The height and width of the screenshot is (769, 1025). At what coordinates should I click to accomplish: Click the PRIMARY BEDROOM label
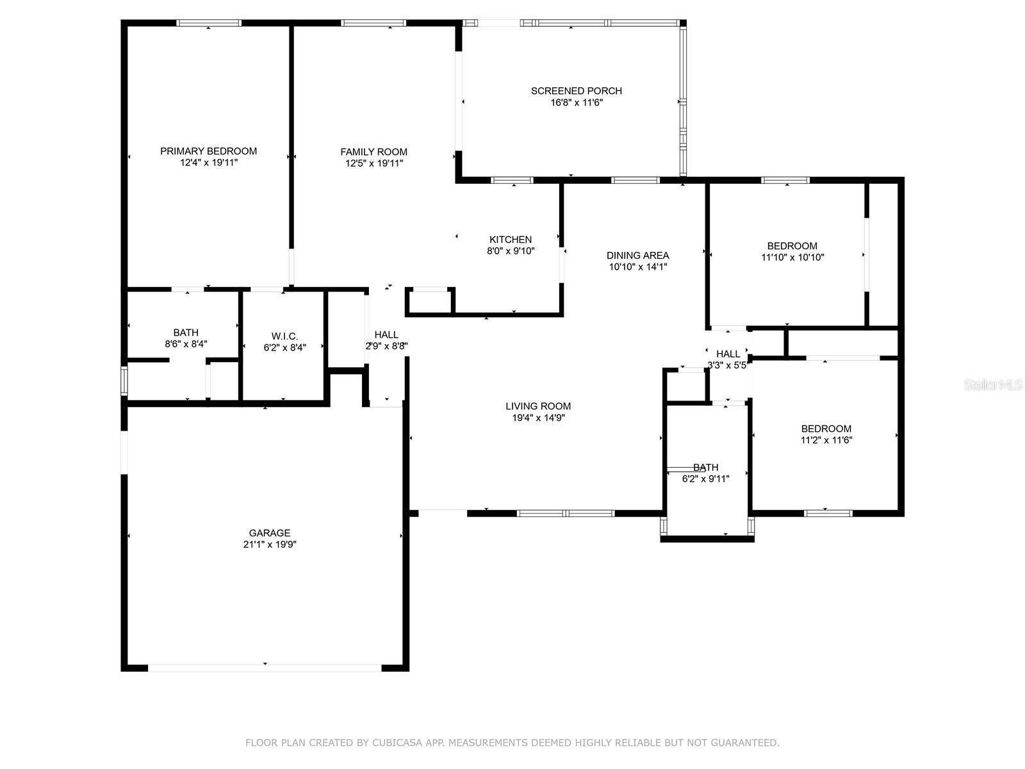click(208, 151)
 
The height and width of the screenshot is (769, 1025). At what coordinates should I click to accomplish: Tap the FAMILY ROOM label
click(373, 152)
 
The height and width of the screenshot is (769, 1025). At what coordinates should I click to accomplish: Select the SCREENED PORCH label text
click(576, 91)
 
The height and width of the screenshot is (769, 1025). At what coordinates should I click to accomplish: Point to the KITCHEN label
click(511, 240)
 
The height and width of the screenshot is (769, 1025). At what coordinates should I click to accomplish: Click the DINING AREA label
click(638, 256)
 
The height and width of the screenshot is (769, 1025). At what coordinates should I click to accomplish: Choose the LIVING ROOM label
click(538, 406)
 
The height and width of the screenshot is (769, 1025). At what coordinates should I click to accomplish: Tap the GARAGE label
click(270, 533)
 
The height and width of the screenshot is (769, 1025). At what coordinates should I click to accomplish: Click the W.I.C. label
click(284, 336)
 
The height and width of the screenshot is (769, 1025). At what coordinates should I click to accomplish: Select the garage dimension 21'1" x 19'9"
click(270, 545)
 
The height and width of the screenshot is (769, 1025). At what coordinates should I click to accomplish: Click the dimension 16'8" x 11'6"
click(577, 103)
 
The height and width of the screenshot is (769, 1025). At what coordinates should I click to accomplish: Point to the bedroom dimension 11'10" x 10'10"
click(792, 257)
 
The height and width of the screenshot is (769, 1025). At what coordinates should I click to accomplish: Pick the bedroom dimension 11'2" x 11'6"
click(826, 440)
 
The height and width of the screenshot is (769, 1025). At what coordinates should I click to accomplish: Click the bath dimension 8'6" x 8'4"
click(186, 344)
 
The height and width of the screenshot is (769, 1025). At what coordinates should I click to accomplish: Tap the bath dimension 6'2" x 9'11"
click(705, 479)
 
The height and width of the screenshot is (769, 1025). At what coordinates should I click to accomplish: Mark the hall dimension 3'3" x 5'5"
click(728, 365)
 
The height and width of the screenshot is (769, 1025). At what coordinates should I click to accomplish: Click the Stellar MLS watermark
click(993, 384)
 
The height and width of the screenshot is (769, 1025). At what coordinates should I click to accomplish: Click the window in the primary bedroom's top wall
click(209, 23)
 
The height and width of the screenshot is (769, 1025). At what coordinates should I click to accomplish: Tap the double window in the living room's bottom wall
click(566, 513)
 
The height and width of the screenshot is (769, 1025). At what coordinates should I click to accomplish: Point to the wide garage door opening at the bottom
click(265, 668)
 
